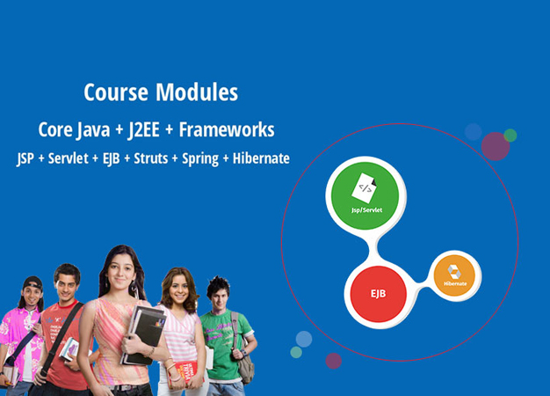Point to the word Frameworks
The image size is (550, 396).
tap(227, 129)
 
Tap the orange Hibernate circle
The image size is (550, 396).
tap(454, 276)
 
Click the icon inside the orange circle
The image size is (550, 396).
tap(454, 271)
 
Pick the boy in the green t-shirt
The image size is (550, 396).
tap(223, 330)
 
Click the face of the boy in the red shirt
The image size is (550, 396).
tap(67, 285)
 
